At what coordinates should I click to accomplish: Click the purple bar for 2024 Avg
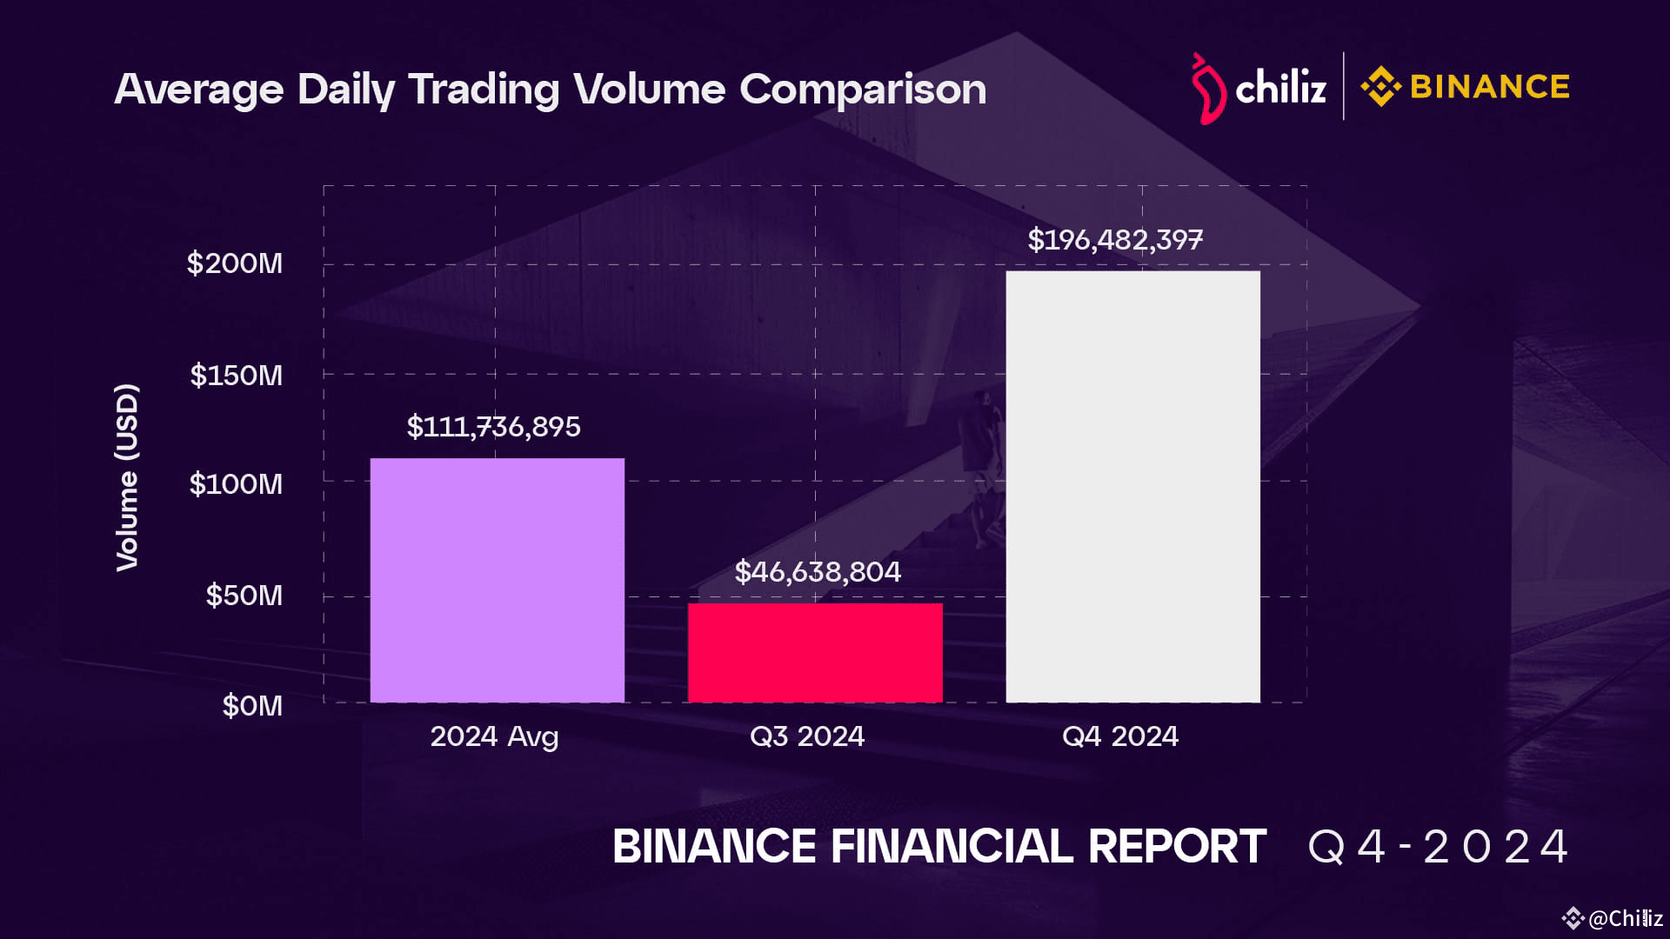pyautogui.click(x=497, y=580)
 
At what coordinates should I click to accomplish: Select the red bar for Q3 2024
pyautogui.click(x=815, y=652)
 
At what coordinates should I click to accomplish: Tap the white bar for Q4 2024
pyautogui.click(x=1132, y=487)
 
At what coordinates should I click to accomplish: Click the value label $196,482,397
pyautogui.click(x=1115, y=240)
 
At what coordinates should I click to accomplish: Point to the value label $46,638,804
pyautogui.click(x=818, y=572)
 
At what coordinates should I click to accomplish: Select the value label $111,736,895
pyautogui.click(x=493, y=427)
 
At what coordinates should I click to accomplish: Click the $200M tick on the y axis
pyautogui.click(x=235, y=263)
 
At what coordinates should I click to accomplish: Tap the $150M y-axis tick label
pyautogui.click(x=237, y=376)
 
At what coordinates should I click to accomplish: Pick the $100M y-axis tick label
pyautogui.click(x=236, y=484)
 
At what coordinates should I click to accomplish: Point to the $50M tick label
pyautogui.click(x=244, y=596)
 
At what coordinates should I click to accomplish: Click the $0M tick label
pyautogui.click(x=252, y=706)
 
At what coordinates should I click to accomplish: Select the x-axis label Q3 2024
pyautogui.click(x=807, y=736)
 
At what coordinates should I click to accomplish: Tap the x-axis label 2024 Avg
pyautogui.click(x=494, y=737)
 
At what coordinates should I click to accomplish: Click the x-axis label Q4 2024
pyautogui.click(x=1120, y=736)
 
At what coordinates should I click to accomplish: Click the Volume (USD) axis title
pyautogui.click(x=127, y=477)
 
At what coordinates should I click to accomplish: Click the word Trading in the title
pyautogui.click(x=484, y=90)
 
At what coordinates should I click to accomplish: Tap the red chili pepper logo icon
pyautogui.click(x=1207, y=89)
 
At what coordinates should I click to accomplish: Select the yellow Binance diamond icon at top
pyautogui.click(x=1380, y=87)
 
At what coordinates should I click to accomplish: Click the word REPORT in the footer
pyautogui.click(x=1177, y=847)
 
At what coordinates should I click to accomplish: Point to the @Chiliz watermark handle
pyautogui.click(x=1625, y=918)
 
